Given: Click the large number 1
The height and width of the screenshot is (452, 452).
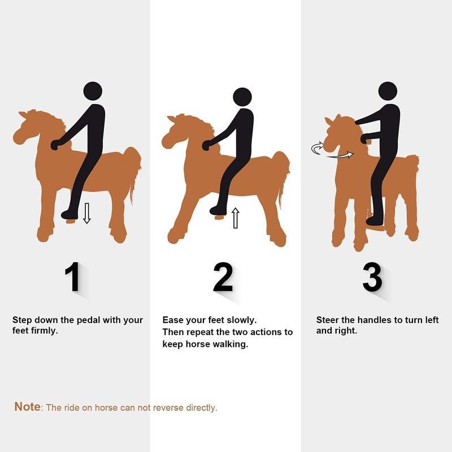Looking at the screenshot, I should (x=73, y=277).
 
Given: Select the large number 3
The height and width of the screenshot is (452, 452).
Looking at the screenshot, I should (x=372, y=277).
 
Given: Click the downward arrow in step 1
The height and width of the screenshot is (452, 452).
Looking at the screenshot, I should (x=86, y=214).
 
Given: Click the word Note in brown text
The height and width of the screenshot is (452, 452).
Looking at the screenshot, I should (x=27, y=407).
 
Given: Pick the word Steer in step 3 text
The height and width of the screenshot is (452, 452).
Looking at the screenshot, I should (x=328, y=320).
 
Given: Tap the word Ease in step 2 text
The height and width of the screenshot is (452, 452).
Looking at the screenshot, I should (x=172, y=320).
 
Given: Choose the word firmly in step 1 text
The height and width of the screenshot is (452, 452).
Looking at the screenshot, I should (x=45, y=331).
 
